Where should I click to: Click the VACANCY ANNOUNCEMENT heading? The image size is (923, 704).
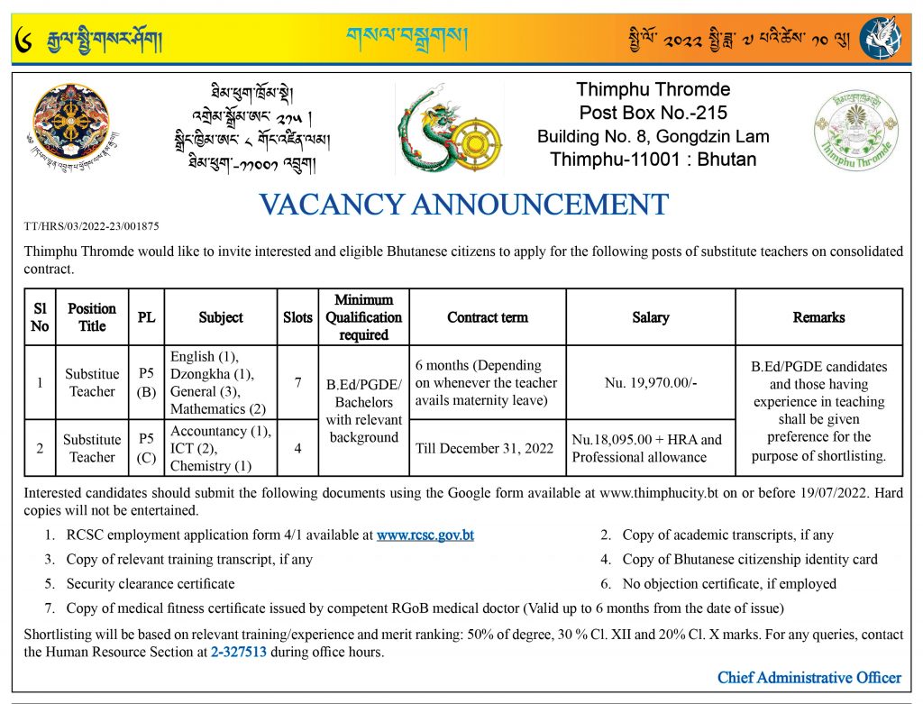point(463,205)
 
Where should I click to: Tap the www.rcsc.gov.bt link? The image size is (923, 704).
point(425,535)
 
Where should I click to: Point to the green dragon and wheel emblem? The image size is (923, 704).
point(448,128)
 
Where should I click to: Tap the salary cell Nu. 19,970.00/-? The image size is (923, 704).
point(650,383)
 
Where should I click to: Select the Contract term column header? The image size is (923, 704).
point(488,317)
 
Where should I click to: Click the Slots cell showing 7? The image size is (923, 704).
point(297,383)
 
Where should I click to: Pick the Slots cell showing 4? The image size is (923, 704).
point(297,448)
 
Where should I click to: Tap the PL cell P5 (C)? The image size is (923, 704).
point(147,448)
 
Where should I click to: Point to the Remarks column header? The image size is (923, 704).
point(818,317)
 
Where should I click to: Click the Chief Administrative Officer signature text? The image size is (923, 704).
point(809,677)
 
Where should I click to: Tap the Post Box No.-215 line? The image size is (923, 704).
point(653,113)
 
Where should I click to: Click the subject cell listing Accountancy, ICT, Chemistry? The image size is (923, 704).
point(221,448)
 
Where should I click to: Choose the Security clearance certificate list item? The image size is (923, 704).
point(150,583)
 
